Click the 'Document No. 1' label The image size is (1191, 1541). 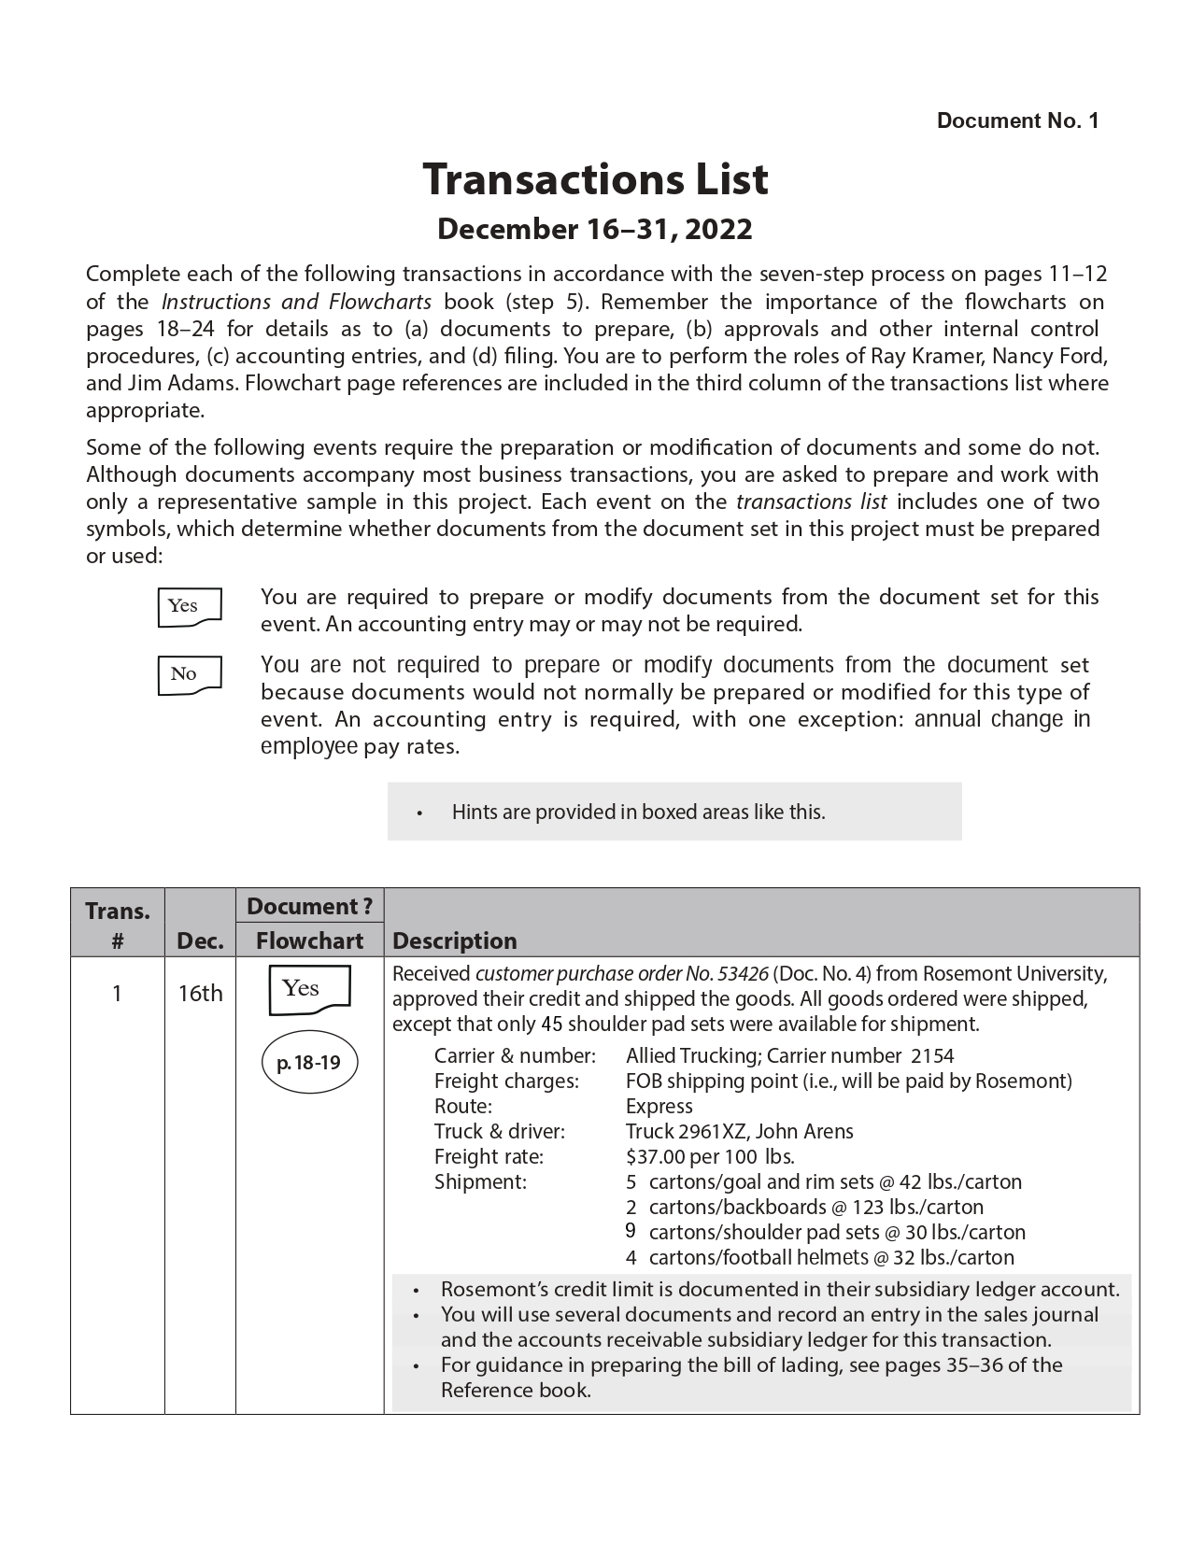pyautogui.click(x=1017, y=120)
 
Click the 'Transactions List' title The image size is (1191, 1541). pyautogui.click(x=595, y=178)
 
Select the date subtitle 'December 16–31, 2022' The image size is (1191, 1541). pyautogui.click(x=595, y=230)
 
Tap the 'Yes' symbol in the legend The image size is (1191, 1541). pyautogui.click(x=190, y=606)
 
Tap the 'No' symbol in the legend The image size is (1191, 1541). pyautogui.click(x=190, y=674)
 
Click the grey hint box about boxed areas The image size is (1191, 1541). pyautogui.click(x=673, y=812)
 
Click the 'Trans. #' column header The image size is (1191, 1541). pyautogui.click(x=118, y=924)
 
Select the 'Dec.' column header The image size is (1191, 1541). pyautogui.click(x=200, y=940)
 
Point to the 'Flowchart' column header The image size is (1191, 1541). pyautogui.click(x=309, y=940)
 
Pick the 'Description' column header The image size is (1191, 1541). pyautogui.click(x=455, y=940)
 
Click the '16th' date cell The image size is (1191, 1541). pyautogui.click(x=200, y=993)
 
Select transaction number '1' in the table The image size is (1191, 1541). pyautogui.click(x=117, y=993)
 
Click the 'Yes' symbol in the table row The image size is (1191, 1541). pyautogui.click(x=308, y=989)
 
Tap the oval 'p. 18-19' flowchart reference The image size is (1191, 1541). pyautogui.click(x=309, y=1062)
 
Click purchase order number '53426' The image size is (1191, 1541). pyautogui.click(x=742, y=974)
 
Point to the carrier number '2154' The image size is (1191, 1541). pyautogui.click(x=932, y=1056)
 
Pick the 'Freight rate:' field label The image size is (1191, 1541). pyautogui.click(x=489, y=1157)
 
